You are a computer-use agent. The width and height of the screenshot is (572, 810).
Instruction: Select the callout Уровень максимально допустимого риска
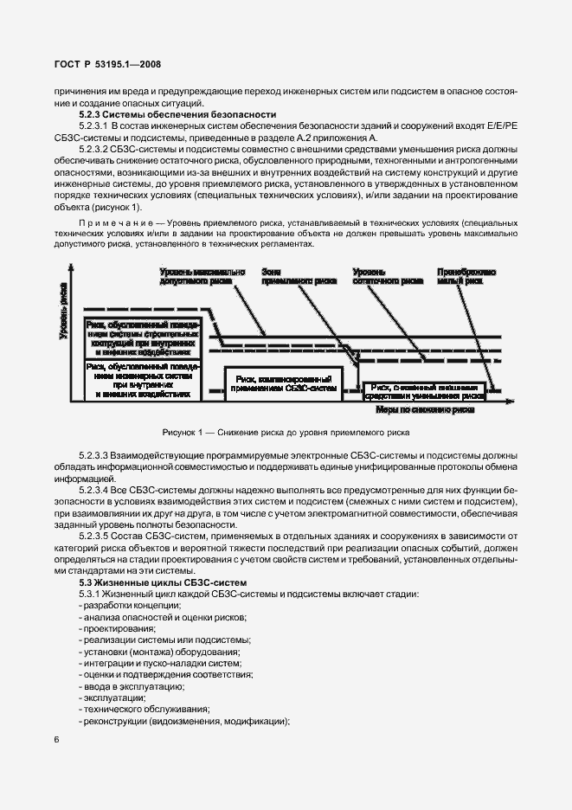coord(202,276)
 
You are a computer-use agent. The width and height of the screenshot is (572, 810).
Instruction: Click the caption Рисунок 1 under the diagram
coord(286,431)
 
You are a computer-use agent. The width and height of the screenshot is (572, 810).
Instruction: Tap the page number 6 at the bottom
coord(56,740)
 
